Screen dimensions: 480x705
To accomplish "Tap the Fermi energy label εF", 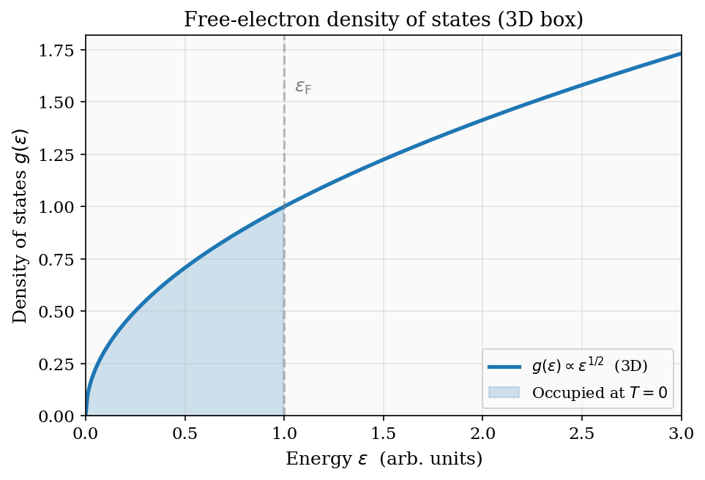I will point(303,88).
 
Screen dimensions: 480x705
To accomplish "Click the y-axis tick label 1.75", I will point(61,50).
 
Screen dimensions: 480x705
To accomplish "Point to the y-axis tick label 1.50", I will point(61,102).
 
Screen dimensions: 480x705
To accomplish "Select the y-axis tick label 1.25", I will point(61,155).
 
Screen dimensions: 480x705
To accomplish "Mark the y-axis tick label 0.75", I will point(61,260).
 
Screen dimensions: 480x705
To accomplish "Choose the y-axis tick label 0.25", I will point(61,364).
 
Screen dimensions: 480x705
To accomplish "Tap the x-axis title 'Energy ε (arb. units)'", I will point(384,460).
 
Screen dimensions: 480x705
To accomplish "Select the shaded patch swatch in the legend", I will point(504,392).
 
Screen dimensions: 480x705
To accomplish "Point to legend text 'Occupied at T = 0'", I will point(600,393).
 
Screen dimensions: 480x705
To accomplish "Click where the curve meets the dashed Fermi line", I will point(284,207).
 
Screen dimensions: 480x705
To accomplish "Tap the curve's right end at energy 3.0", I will point(680,53).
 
